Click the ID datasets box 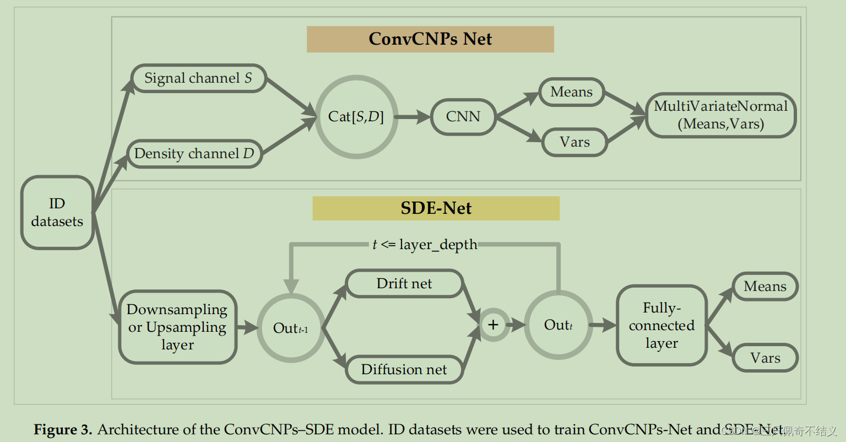[x=57, y=213]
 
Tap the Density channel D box [x=194, y=153]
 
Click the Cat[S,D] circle [x=356, y=116]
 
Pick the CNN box [x=463, y=116]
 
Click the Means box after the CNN [x=571, y=92]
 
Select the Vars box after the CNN [x=574, y=142]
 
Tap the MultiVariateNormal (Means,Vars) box [x=720, y=115]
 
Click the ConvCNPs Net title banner [x=430, y=39]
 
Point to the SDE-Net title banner [x=436, y=208]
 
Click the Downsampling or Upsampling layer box [x=177, y=327]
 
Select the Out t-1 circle [x=290, y=328]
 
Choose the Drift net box [x=404, y=284]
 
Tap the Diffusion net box [x=404, y=369]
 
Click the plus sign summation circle [x=493, y=325]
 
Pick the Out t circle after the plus [x=558, y=325]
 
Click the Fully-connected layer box [x=661, y=325]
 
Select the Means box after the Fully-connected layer [x=764, y=287]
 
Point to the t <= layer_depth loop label [x=425, y=245]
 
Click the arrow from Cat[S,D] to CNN [x=412, y=117]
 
